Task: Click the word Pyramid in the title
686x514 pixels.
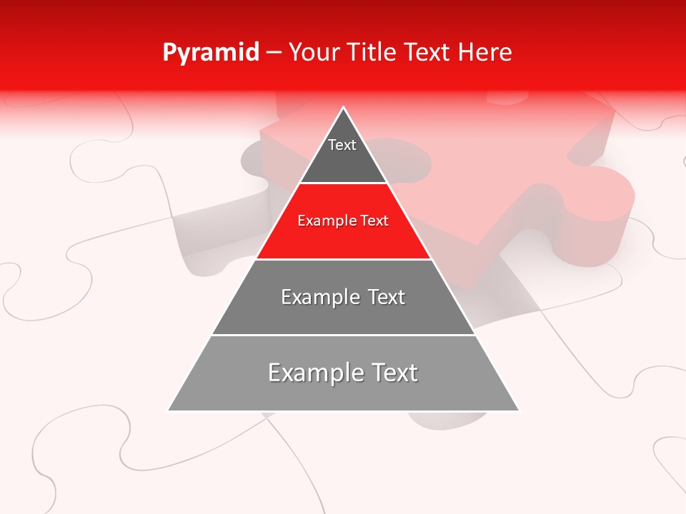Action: click(x=210, y=53)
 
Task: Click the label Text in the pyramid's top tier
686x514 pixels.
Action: click(x=342, y=145)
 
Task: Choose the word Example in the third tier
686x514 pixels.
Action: click(x=319, y=297)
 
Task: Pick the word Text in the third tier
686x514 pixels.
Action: click(x=387, y=297)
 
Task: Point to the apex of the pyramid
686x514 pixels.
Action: click(x=344, y=108)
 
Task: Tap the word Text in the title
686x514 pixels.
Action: click(x=429, y=53)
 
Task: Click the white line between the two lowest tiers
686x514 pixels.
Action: click(x=343, y=335)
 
